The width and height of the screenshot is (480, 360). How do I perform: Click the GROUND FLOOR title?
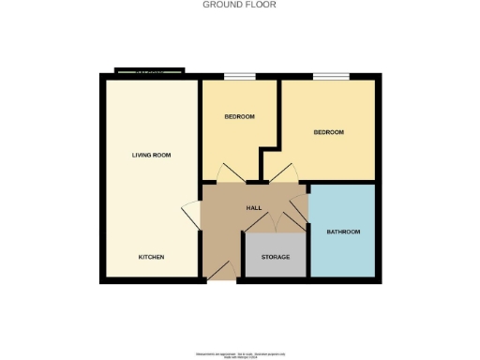click(x=240, y=5)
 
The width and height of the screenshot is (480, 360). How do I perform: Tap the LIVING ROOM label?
click(x=152, y=155)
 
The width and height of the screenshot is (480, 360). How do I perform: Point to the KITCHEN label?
click(x=152, y=257)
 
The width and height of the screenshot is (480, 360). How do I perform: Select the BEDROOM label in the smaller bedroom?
click(x=239, y=117)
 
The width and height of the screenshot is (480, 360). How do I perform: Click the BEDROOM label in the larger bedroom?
click(x=328, y=132)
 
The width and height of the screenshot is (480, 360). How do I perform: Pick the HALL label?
click(x=253, y=208)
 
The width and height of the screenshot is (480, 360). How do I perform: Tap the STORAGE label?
click(x=275, y=257)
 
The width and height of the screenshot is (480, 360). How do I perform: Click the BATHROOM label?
click(x=342, y=232)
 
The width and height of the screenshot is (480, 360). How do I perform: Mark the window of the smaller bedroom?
click(x=239, y=76)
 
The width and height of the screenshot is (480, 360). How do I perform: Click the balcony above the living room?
click(x=150, y=71)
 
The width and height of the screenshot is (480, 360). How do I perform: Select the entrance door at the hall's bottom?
click(x=221, y=271)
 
